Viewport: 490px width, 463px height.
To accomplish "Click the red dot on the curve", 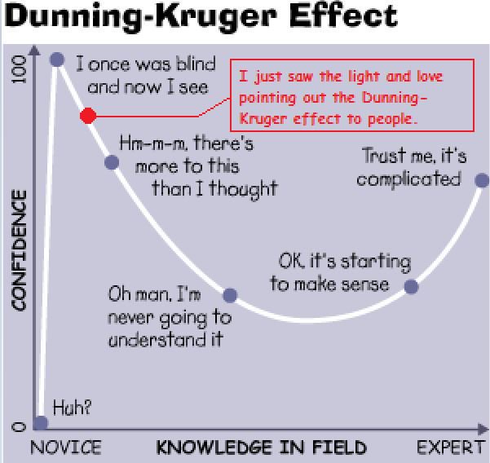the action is point(88,116).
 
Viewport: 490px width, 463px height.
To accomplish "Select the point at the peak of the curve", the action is point(57,59).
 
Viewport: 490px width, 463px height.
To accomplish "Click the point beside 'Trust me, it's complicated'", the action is point(482,180).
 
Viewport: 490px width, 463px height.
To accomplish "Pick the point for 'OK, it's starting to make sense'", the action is point(411,286).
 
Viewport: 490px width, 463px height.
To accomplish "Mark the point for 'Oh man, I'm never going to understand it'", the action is point(230,295).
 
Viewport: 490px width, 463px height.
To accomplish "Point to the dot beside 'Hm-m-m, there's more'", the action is point(112,161).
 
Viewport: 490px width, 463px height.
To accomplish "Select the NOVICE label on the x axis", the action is point(66,448).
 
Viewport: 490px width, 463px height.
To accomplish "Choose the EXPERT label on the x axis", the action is point(452,448).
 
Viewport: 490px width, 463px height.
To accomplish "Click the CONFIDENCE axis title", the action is point(19,251).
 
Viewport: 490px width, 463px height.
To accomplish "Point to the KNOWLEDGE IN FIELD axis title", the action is point(261,448).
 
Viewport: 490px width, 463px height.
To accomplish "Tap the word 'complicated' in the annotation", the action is point(408,179).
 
